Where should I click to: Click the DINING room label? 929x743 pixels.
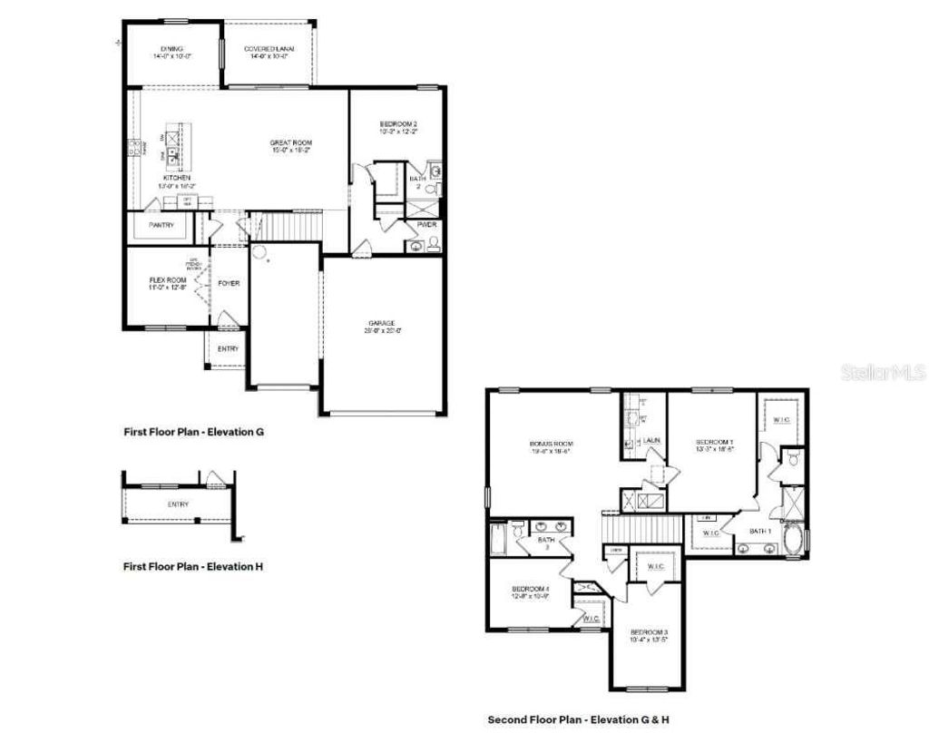point(172,49)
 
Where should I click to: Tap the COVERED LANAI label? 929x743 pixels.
point(268,49)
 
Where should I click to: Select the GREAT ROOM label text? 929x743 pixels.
point(290,143)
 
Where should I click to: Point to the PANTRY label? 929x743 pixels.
point(161,225)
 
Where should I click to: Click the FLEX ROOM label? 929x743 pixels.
point(167,281)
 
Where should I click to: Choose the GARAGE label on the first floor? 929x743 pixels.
point(380,323)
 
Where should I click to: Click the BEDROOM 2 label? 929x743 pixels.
point(397,123)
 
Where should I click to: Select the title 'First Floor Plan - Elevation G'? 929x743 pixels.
point(193,433)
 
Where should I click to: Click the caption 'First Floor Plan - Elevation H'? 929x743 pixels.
point(193,567)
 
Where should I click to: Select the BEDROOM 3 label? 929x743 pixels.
point(650,631)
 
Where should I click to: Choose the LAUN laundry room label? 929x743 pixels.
point(650,440)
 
